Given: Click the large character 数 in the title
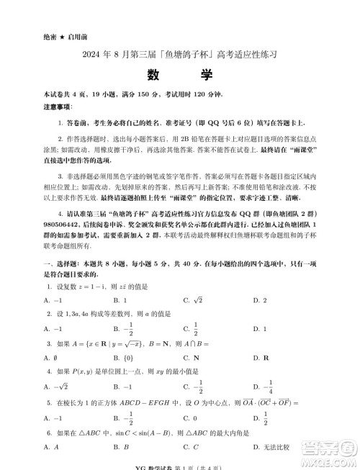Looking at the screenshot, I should click(153, 76).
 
